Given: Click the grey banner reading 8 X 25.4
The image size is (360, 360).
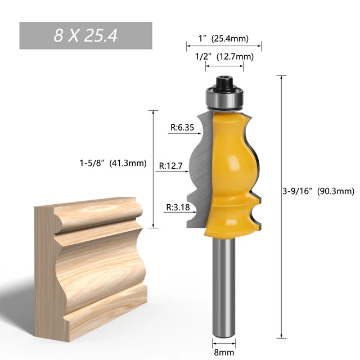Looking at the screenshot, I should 85,35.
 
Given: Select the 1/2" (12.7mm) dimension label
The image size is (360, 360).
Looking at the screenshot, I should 224,56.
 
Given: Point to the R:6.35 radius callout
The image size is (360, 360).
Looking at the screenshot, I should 182,128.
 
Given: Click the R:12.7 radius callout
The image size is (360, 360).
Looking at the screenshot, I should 171,166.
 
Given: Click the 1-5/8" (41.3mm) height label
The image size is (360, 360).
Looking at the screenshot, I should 112,164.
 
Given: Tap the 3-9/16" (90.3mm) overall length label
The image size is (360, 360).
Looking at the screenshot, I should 318,191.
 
